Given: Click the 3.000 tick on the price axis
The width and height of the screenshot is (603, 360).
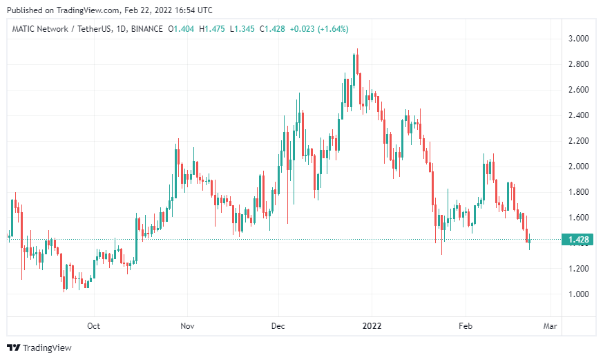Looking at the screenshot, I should click(578, 39).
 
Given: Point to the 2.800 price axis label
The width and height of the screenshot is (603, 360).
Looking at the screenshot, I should click(578, 64).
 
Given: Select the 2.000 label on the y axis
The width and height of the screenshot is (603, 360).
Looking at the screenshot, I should click(578, 167).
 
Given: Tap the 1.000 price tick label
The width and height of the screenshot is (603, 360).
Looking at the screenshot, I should click(578, 294).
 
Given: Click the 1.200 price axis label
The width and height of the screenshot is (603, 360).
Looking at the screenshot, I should click(578, 269).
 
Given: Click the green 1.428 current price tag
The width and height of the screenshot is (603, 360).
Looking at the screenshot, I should click(577, 240).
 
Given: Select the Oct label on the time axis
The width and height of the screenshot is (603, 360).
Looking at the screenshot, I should click(94, 325).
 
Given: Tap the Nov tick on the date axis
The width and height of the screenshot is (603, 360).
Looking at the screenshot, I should click(186, 325).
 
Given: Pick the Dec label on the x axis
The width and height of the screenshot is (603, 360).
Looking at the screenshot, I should click(278, 325).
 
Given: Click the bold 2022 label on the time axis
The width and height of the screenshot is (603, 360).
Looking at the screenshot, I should click(372, 325).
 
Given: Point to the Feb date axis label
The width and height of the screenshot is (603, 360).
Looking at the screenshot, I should click(466, 325).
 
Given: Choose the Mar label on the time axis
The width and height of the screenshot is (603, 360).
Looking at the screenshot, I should click(550, 325).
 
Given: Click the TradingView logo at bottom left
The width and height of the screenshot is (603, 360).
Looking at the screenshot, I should click(39, 348).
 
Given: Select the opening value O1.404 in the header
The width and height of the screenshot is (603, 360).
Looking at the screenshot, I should click(180, 29).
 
